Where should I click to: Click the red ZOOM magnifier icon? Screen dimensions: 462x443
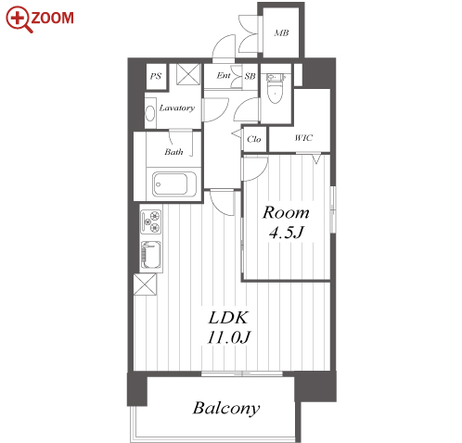coord(19,19)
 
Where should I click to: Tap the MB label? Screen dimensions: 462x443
coord(281,32)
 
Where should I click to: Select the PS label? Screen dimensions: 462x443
coord(156,76)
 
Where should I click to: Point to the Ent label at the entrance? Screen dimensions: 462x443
coord(224,75)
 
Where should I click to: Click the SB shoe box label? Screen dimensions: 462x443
coord(250,76)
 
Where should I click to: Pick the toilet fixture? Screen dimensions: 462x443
coord(275,89)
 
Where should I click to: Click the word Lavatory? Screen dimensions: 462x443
coord(177,108)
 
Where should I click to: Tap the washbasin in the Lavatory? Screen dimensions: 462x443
coord(150,113)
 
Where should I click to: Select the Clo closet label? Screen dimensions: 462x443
coord(254,139)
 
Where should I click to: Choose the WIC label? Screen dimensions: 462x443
coord(303,138)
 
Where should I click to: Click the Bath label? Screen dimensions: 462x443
coord(173,152)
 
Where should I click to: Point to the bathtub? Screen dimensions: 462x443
coord(174,184)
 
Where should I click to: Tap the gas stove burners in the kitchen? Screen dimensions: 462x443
coord(151,221)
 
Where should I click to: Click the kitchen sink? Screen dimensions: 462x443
coord(151,255)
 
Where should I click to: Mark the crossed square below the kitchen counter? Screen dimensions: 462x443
coord(145,285)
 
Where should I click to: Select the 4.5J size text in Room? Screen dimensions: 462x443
coord(287,233)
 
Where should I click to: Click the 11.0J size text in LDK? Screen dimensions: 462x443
coord(228,337)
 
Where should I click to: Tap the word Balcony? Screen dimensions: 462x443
coord(226,409)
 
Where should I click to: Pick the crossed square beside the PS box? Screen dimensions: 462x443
coord(188,74)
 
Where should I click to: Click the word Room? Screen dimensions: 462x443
coord(286,213)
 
